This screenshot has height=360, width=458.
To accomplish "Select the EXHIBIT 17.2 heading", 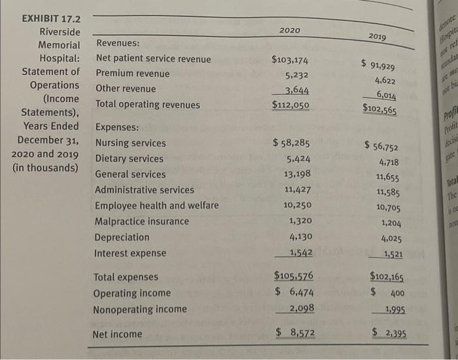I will [48, 18].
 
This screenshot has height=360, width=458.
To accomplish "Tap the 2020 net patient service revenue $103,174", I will [291, 60].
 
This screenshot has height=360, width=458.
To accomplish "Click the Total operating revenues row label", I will [148, 104].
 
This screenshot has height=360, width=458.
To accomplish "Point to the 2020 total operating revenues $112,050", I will [291, 105].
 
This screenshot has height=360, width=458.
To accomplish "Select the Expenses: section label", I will [117, 127].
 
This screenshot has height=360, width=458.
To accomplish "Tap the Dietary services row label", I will [130, 158].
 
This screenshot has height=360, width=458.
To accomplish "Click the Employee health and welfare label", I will [157, 206].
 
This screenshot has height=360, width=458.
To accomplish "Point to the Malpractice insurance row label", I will [142, 221].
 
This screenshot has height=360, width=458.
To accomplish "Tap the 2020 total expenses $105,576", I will [294, 278].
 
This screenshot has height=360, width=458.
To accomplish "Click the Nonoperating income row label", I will [139, 309].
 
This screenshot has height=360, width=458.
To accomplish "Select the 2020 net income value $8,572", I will [294, 333].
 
